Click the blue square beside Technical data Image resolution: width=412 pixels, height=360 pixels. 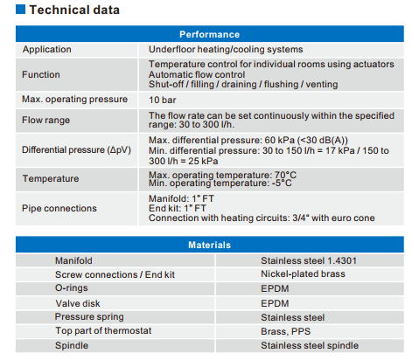(20, 9)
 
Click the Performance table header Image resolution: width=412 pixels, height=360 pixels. (210, 34)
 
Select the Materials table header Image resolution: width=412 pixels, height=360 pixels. (210, 245)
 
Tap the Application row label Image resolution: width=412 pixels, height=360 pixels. (47, 50)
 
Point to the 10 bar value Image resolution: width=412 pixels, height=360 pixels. (163, 100)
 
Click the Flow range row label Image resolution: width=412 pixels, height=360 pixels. (45, 120)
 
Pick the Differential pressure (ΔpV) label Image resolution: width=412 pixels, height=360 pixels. (76, 149)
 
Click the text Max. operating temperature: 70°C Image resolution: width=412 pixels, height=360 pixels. (222, 175)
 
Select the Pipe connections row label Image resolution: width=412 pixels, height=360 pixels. (59, 208)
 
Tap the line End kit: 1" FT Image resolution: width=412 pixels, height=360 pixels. (178, 208)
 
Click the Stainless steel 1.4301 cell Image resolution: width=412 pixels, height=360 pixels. (309, 260)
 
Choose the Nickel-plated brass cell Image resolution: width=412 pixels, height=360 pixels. (303, 273)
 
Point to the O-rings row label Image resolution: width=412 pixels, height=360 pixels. (72, 287)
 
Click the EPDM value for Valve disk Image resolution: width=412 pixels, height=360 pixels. (275, 303)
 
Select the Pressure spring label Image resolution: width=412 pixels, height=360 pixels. (89, 316)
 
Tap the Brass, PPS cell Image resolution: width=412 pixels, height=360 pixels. (286, 331)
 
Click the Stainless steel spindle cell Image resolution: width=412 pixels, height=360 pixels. (310, 345)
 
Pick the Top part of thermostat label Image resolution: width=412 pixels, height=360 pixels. (103, 330)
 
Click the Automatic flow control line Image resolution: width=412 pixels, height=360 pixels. (197, 74)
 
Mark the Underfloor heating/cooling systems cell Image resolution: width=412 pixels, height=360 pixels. (226, 50)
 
